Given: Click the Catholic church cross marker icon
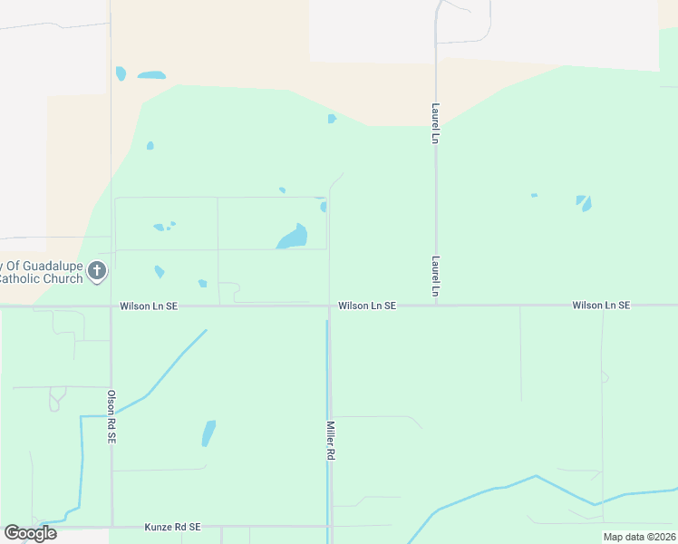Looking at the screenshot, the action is point(98,270).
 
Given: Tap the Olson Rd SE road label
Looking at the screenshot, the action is point(111,417).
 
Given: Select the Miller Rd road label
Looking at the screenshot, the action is point(331,441).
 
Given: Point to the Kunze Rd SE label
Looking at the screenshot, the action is point(172,527).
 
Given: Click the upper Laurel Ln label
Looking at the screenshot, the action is point(436,123).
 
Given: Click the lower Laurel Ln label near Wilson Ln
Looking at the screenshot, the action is point(436,277).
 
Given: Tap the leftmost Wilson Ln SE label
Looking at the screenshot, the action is point(149,306).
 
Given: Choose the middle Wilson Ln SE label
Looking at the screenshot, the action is point(367,306).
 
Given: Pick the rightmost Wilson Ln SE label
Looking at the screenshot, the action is point(600,306).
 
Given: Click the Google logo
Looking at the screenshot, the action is point(30,533).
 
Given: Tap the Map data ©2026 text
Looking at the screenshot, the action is point(638,537).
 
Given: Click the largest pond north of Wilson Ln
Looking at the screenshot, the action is point(293,238).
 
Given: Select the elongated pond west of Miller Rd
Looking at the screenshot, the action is point(208,433).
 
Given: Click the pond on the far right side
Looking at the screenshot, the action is point(585,202).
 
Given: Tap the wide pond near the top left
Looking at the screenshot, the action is point(151,74).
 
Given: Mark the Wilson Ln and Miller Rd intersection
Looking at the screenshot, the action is point(329,306).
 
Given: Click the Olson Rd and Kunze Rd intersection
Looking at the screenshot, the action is point(111,526).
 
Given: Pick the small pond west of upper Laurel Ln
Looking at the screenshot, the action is point(332,119).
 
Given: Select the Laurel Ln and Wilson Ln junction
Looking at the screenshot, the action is point(436,306).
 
